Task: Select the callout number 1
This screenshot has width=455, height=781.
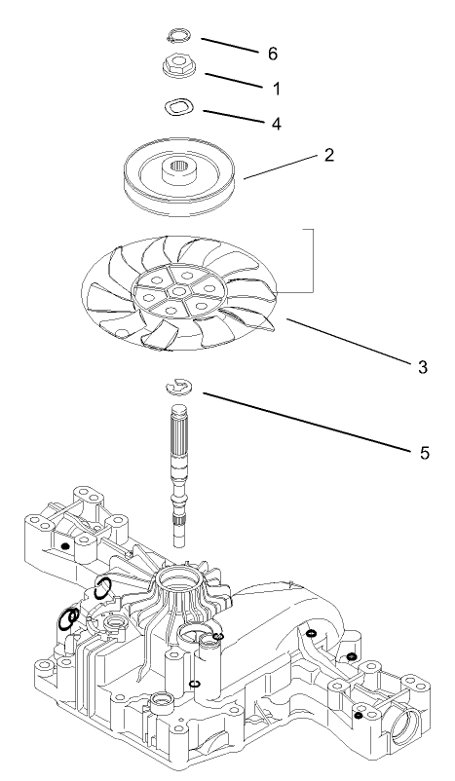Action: tap(276, 89)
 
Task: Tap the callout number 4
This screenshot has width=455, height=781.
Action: tap(276, 124)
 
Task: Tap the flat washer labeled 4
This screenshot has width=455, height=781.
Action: tap(176, 106)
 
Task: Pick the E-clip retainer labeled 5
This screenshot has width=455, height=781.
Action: tap(178, 388)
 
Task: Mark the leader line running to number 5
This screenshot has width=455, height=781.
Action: tap(302, 422)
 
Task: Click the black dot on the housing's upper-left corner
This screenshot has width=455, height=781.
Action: tap(65, 546)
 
